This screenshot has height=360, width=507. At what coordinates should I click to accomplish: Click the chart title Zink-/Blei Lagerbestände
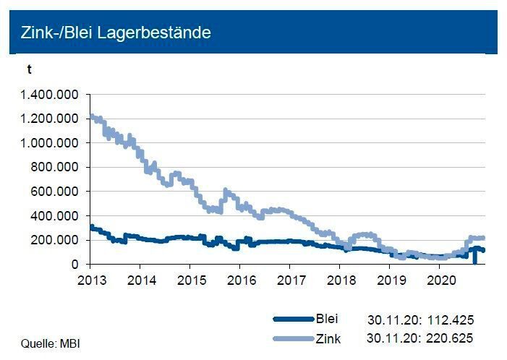(116, 33)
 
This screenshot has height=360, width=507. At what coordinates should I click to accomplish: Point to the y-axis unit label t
(29, 70)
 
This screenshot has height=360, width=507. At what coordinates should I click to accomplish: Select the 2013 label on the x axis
(90, 279)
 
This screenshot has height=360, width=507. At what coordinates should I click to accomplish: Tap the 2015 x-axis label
(189, 279)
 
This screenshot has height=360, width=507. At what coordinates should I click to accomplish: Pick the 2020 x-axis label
(439, 279)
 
